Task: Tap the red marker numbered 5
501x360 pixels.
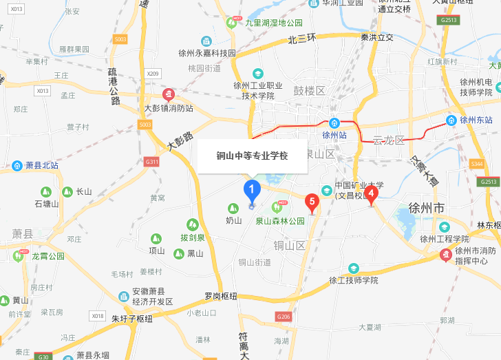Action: pyautogui.click(x=312, y=202)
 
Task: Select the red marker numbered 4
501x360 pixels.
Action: pyautogui.click(x=372, y=194)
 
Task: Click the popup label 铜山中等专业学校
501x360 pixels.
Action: pyautogui.click(x=252, y=156)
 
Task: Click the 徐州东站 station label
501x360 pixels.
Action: pyautogui.click(x=473, y=120)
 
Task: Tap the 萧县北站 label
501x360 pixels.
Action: pyautogui.click(x=42, y=165)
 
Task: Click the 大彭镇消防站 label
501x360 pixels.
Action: pyautogui.click(x=169, y=108)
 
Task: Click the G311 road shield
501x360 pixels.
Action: pyautogui.click(x=151, y=162)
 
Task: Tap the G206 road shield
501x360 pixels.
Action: pyautogui.click(x=283, y=316)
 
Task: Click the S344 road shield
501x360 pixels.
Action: pyautogui.click(x=476, y=163)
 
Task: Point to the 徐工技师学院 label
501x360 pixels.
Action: pyautogui.click(x=354, y=280)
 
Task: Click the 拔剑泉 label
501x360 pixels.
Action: pyautogui.click(x=193, y=237)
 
